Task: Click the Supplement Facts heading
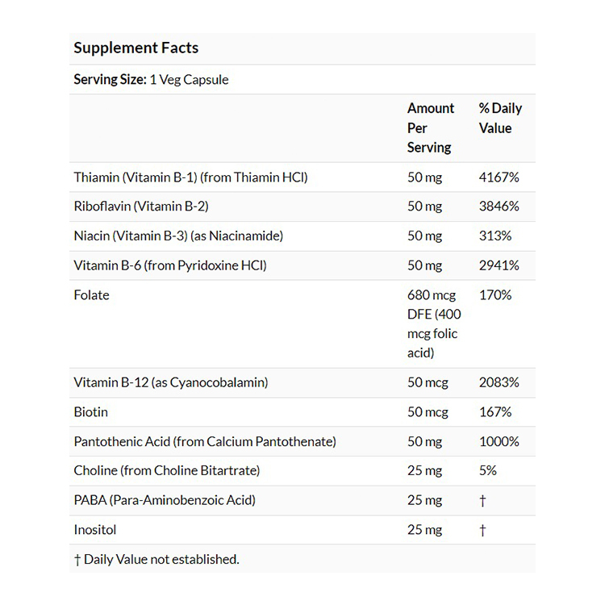(x=136, y=48)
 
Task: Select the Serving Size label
(x=110, y=79)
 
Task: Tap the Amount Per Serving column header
(x=430, y=127)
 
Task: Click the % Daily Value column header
(x=500, y=118)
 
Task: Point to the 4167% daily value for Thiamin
(x=499, y=177)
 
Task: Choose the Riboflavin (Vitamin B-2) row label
(x=140, y=206)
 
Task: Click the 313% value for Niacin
(x=494, y=236)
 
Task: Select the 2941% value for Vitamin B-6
(x=499, y=265)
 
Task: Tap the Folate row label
(x=91, y=294)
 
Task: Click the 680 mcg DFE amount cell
(x=433, y=323)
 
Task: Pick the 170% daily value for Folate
(x=494, y=294)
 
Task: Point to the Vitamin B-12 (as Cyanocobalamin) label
(x=170, y=382)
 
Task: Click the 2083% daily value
(x=499, y=382)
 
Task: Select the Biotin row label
(x=90, y=411)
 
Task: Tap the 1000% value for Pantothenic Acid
(x=499, y=441)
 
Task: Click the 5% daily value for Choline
(x=487, y=470)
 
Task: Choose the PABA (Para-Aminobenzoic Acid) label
(x=165, y=500)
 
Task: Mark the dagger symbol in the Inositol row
(x=482, y=530)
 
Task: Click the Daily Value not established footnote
(x=156, y=559)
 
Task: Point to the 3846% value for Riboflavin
(x=499, y=206)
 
